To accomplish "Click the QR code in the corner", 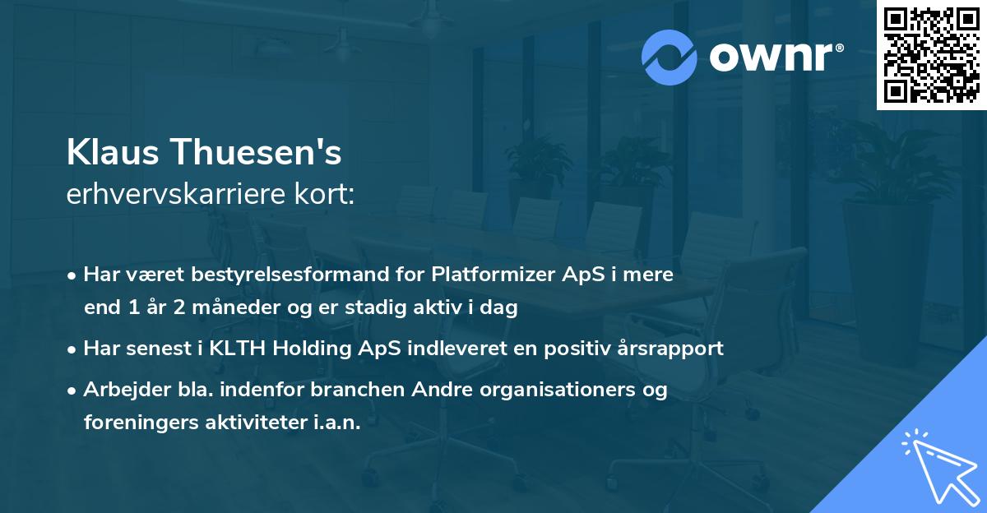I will [x=931, y=55].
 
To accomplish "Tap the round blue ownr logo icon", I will [x=670, y=58].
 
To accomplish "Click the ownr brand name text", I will [x=772, y=58].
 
